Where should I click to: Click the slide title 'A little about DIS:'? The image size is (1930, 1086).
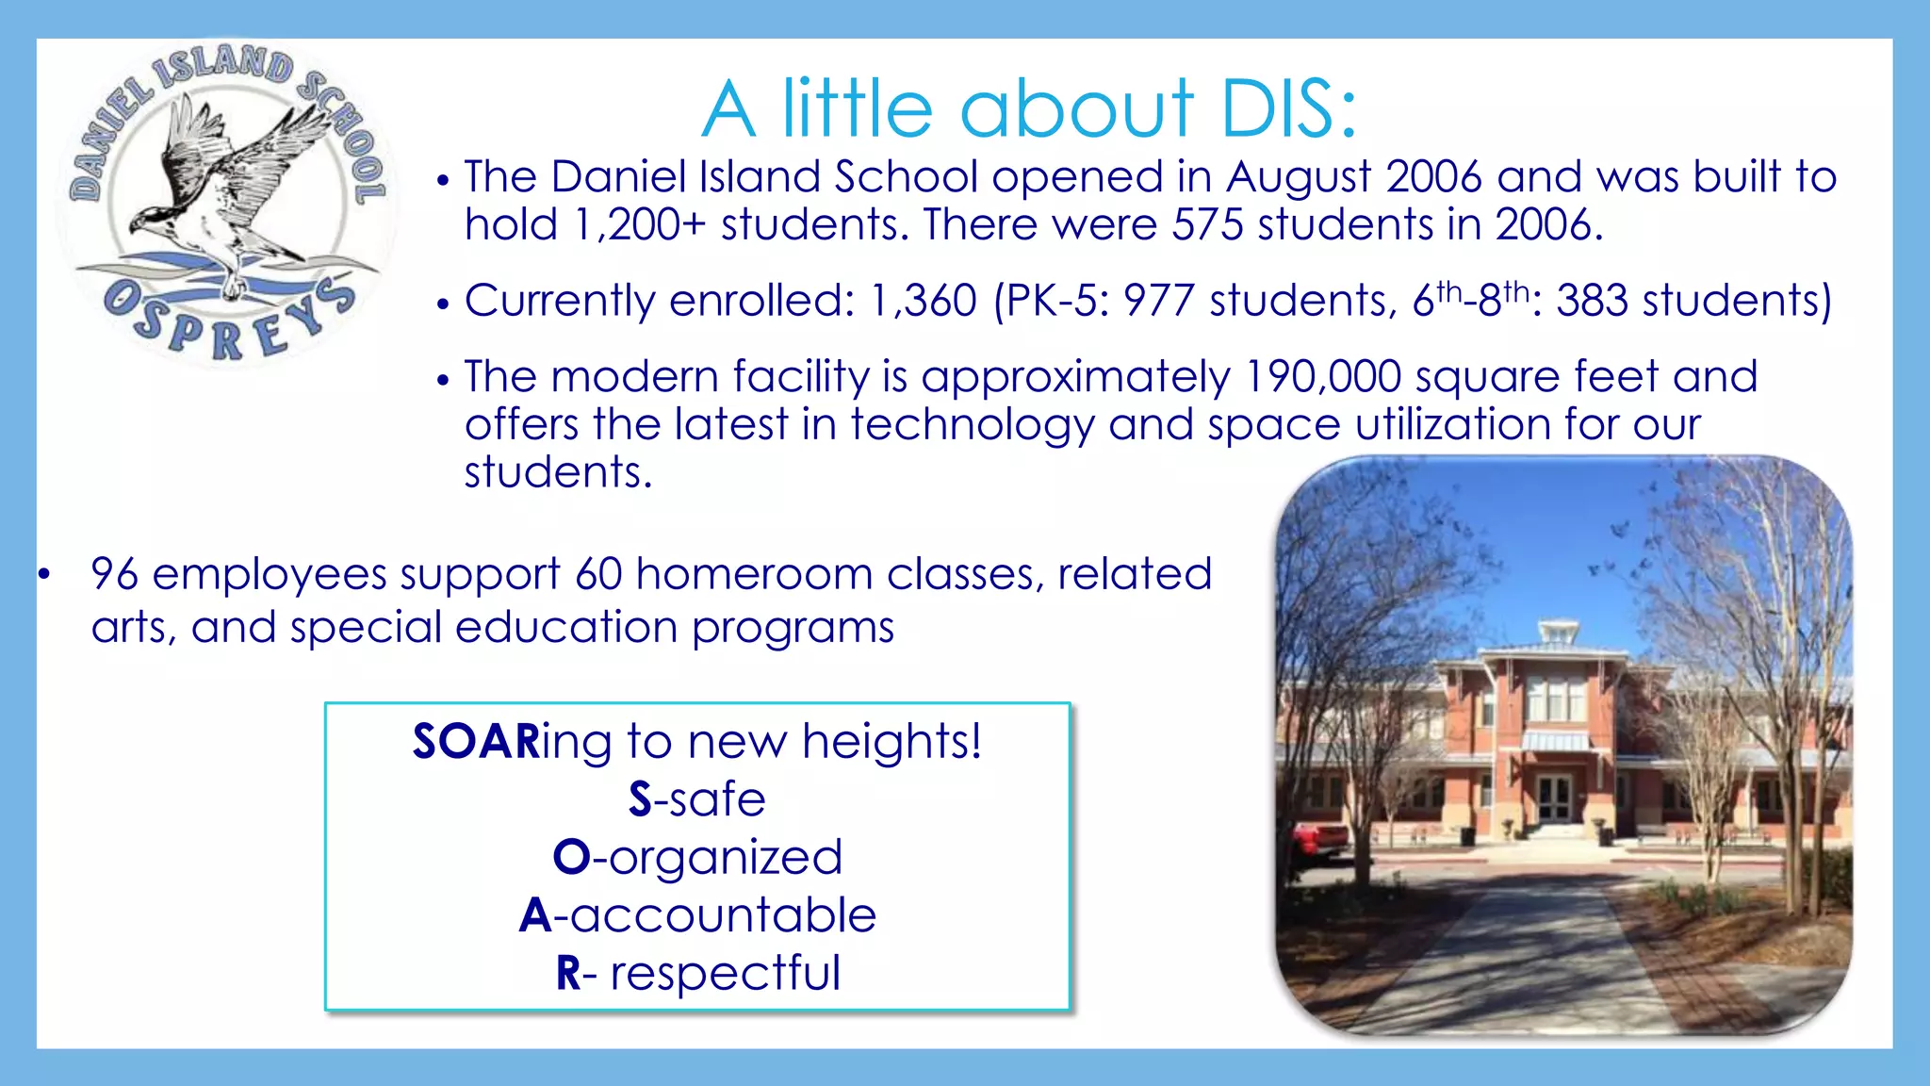[1029, 108]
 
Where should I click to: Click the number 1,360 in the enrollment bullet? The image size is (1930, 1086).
[923, 302]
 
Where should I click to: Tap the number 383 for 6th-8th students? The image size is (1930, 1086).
[1592, 302]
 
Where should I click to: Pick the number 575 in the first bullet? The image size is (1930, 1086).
[1207, 225]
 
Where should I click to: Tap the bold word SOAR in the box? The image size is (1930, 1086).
[476, 742]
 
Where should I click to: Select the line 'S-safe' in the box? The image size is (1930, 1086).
[697, 799]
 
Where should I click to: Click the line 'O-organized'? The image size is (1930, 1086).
[697, 858]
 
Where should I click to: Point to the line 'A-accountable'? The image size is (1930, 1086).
[697, 915]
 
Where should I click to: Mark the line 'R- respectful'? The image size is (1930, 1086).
[697, 973]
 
